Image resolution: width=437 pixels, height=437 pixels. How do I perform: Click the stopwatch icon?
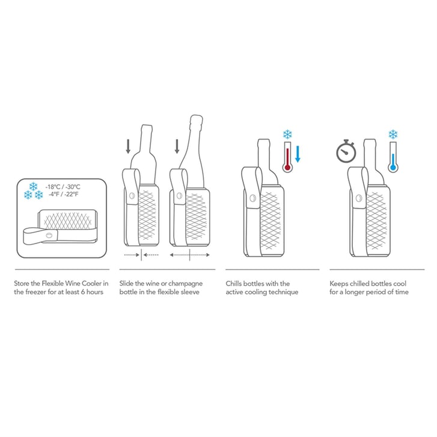point(346,151)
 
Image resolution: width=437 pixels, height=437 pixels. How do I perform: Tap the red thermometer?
point(287,157)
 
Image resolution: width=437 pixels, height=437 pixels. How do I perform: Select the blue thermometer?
point(393,157)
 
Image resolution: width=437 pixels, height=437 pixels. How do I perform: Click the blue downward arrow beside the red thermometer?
point(298,154)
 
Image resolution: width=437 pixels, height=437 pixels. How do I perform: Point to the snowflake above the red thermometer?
point(287,134)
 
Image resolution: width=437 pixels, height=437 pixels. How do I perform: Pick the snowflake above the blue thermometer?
point(393,134)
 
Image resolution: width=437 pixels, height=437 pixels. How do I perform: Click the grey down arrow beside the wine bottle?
point(128,147)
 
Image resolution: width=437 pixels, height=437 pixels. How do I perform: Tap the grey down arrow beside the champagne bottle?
point(177,147)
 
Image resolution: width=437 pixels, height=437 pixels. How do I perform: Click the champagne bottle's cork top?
point(196,120)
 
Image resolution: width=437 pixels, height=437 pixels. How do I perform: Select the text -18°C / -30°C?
point(63,187)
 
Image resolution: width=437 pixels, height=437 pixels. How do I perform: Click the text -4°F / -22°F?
point(63,194)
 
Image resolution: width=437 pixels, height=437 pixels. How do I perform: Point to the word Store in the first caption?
point(22,284)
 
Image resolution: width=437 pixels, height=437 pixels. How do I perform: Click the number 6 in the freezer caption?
point(83,292)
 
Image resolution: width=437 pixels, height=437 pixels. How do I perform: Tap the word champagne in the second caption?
point(185,284)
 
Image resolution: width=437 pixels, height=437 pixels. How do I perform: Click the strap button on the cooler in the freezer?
point(49,235)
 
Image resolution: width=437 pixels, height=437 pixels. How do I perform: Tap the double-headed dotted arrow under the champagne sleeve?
point(189,255)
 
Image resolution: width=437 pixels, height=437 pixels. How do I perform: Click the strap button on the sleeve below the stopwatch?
point(359,198)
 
